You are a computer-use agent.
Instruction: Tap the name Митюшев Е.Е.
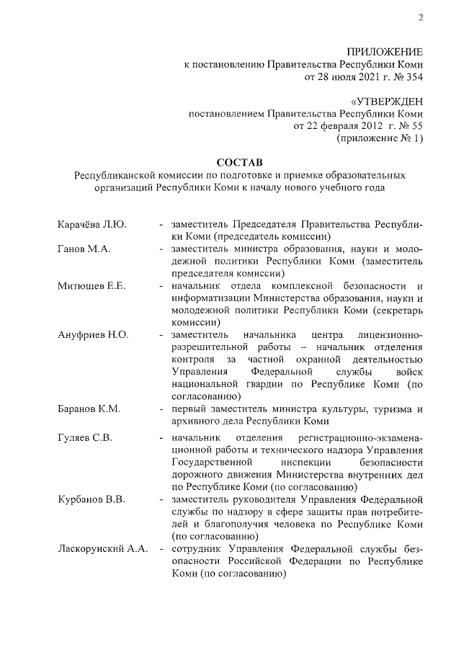[x=91, y=286]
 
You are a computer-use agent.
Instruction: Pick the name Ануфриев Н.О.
[x=93, y=335]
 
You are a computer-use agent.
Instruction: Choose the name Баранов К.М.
[x=89, y=409]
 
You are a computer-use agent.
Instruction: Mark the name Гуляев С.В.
[x=86, y=437]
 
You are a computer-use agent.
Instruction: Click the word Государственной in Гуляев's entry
[x=213, y=463]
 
